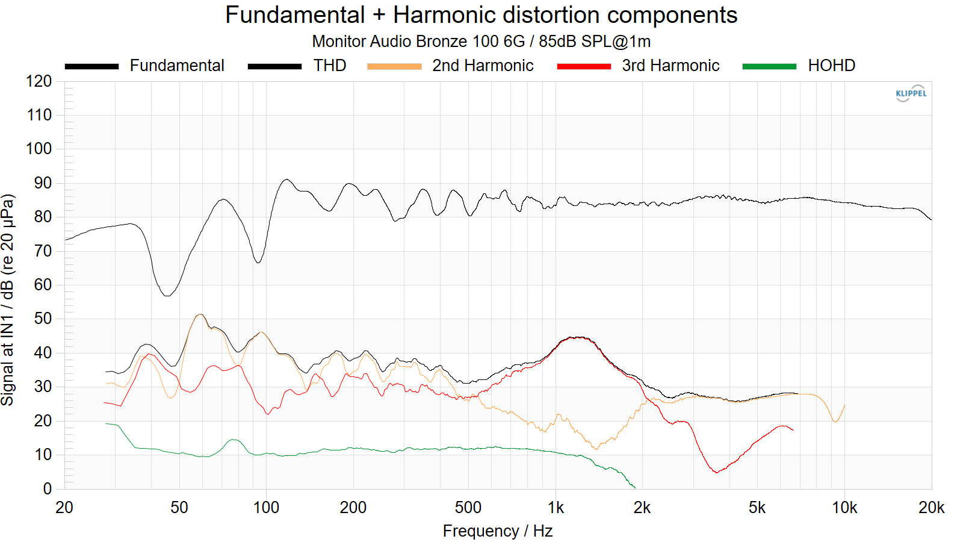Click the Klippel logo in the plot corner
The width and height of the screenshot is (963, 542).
pos(911,93)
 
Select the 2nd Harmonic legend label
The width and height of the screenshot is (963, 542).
pos(483,66)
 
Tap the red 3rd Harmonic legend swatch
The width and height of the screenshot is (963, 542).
pos(584,66)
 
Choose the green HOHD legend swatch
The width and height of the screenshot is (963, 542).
pos(769,66)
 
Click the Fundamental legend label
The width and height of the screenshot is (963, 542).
pos(177,66)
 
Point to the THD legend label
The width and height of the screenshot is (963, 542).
pos(330,66)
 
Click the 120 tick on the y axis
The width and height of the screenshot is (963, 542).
pos(39,81)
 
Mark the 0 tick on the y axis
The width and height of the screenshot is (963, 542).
pos(47,489)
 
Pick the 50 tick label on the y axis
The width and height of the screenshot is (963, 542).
pos(43,319)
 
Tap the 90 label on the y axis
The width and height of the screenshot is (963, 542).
pos(43,183)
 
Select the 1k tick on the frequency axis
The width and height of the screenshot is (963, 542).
pos(556,508)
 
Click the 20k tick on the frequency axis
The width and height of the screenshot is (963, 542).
pos(931,508)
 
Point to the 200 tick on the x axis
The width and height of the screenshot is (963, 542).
pos(353,508)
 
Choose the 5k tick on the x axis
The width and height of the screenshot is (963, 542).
pos(757,508)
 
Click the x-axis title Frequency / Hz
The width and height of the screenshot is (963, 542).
pos(498,531)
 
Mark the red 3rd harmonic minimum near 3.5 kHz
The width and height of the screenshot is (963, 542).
pos(716,472)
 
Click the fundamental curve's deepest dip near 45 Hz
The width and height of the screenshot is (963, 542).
pos(167,295)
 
